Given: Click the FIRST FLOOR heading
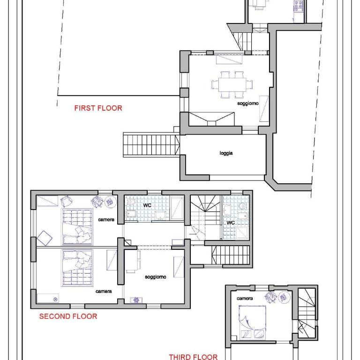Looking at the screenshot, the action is (x=98, y=108).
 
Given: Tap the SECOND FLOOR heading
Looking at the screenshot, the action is (x=68, y=316).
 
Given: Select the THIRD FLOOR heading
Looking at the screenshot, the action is (x=193, y=357).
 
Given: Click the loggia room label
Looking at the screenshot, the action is (x=226, y=153).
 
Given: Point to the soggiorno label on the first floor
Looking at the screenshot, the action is (x=248, y=103).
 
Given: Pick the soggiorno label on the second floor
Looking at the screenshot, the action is (x=156, y=277).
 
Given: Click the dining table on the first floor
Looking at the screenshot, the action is (x=232, y=85).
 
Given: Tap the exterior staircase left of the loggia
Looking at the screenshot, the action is (x=151, y=145).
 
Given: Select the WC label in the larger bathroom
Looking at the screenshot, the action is (x=147, y=205).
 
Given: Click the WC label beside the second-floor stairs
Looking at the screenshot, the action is (x=231, y=223).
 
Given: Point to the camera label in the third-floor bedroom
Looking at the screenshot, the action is (x=245, y=299).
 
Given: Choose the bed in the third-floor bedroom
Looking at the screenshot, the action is (x=252, y=322).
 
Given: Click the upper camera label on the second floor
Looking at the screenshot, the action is (x=106, y=220).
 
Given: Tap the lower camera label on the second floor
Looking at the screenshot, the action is (x=104, y=292).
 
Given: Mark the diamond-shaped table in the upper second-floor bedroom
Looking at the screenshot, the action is (x=45, y=238).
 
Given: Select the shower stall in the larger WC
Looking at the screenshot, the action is (x=177, y=208).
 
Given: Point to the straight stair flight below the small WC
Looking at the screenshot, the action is (x=230, y=255).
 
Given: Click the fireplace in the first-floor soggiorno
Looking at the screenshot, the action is (x=211, y=119).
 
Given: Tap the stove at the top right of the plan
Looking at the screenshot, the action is (x=299, y=6).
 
